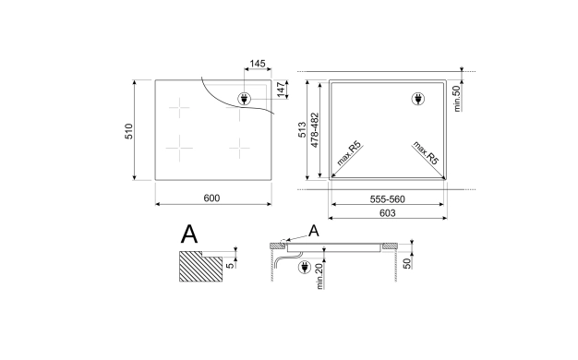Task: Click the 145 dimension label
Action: coord(258,64)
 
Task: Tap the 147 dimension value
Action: coord(282,90)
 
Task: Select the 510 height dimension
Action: coord(129,131)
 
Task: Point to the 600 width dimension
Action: coord(211,198)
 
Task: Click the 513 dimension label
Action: coord(302,130)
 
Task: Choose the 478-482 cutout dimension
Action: coord(315,130)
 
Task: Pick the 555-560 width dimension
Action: coord(388,199)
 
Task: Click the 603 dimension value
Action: coord(388,213)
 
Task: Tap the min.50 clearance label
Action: coord(457,99)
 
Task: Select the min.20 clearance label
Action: coord(319,276)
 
